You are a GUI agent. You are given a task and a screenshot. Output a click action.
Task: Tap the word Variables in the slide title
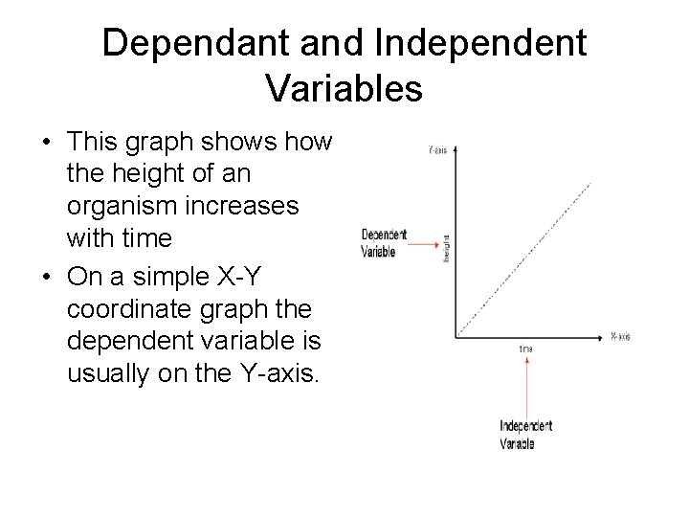point(344,88)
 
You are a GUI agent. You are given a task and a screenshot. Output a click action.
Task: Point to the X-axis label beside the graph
point(620,336)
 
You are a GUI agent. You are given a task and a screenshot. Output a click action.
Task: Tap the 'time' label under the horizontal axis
point(526,349)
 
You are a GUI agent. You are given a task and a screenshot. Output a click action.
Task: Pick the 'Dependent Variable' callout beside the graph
point(383,243)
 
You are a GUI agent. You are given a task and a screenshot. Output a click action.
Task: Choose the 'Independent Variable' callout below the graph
point(525,434)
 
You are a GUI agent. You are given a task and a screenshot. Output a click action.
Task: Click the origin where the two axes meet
point(457,336)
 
